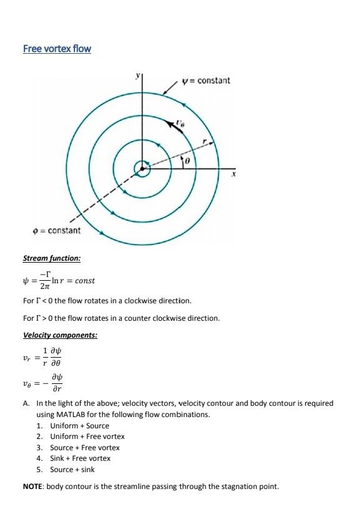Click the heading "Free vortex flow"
click(x=57, y=48)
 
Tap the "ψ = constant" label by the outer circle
click(x=206, y=81)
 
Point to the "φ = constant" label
click(x=56, y=231)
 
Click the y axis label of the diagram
click(x=139, y=76)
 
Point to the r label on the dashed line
click(x=204, y=142)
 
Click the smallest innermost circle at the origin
click(x=143, y=168)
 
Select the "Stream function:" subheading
click(x=51, y=258)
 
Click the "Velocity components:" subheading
click(x=60, y=335)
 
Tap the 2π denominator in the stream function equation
click(x=44, y=286)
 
